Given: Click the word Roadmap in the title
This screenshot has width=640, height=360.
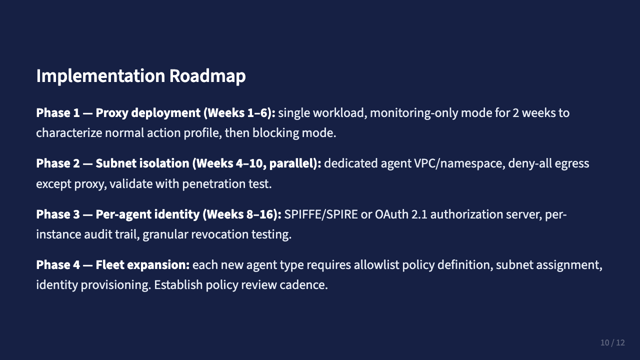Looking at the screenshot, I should pyautogui.click(x=207, y=76).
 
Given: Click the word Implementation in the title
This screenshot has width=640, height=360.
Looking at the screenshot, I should pyautogui.click(x=100, y=76).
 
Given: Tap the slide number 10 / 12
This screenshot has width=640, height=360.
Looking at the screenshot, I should pyautogui.click(x=612, y=342).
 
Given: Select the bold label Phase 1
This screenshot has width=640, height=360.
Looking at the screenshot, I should pyautogui.click(x=57, y=113).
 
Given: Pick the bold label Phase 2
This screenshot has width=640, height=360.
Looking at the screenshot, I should pyautogui.click(x=57, y=163).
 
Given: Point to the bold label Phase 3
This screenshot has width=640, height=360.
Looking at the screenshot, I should pyautogui.click(x=57, y=214).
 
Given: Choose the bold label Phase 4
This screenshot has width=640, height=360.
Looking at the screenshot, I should pyautogui.click(x=57, y=264).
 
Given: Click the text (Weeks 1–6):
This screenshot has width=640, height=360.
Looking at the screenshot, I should pyautogui.click(x=239, y=113).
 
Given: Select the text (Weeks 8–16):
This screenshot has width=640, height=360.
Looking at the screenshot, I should pyautogui.click(x=242, y=214).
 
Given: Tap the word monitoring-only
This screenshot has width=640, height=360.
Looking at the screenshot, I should pyautogui.click(x=413, y=113).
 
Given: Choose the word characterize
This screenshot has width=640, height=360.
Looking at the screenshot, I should pyautogui.click(x=70, y=133).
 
